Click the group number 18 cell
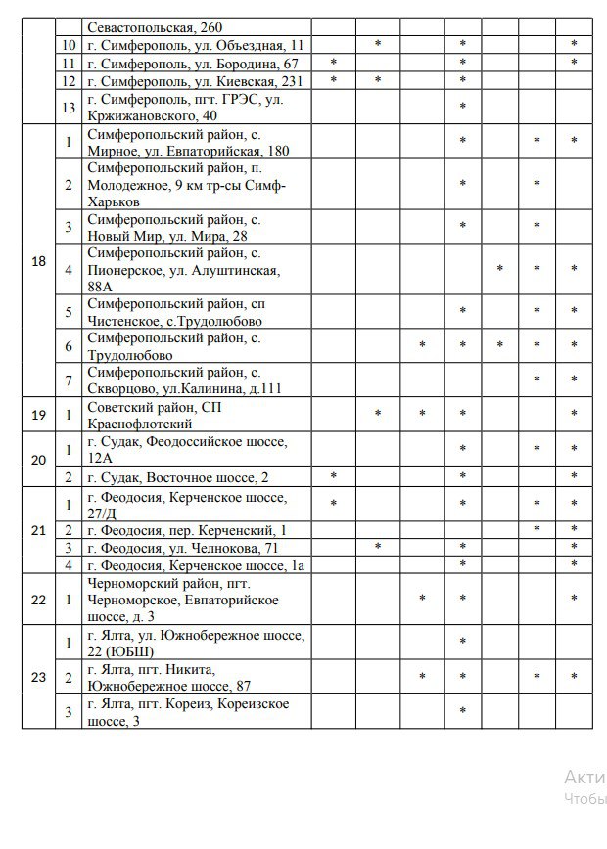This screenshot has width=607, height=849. pos(38,261)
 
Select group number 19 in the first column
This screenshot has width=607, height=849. pos(38,415)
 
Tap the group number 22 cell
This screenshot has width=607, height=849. pos(38,600)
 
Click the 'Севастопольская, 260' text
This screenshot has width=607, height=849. pos(161,27)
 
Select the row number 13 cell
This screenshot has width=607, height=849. pos(69,107)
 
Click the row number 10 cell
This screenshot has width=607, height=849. pos(69,45)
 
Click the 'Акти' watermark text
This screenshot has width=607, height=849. pos(578,778)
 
